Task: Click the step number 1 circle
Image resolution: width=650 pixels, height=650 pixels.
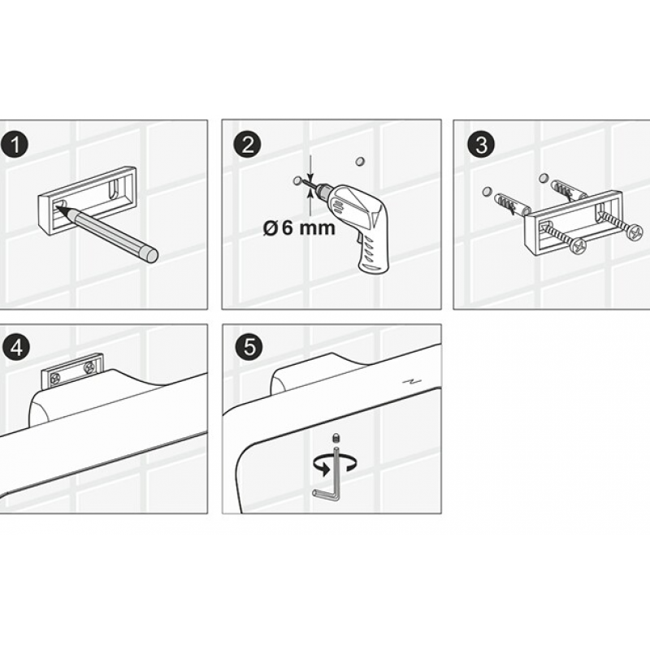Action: pyautogui.click(x=15, y=145)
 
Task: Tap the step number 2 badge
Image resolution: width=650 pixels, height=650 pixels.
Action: pyautogui.click(x=248, y=145)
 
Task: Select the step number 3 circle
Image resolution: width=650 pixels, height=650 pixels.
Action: pyautogui.click(x=481, y=145)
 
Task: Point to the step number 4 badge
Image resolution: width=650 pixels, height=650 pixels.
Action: pyautogui.click(x=16, y=348)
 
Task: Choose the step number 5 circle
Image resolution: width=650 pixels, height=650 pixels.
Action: pyautogui.click(x=249, y=347)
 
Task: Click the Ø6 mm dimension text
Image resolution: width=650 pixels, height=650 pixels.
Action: pyautogui.click(x=299, y=228)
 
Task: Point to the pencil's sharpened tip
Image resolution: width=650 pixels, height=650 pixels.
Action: pyautogui.click(x=58, y=208)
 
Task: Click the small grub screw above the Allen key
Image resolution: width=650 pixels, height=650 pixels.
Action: pyautogui.click(x=336, y=438)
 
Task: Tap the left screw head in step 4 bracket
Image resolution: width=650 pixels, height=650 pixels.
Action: pyautogui.click(x=55, y=378)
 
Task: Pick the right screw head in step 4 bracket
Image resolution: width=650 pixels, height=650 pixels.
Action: pyautogui.click(x=89, y=367)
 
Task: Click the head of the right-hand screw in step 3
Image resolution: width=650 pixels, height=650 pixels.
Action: pyautogui.click(x=635, y=232)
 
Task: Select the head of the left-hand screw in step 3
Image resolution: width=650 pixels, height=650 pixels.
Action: pyautogui.click(x=578, y=247)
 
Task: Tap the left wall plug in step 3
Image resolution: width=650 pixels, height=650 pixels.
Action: pyautogui.click(x=512, y=203)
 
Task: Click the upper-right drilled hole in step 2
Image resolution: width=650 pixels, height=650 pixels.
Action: pyautogui.click(x=360, y=161)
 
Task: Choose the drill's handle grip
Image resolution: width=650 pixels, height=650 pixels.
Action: pyautogui.click(x=372, y=253)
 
